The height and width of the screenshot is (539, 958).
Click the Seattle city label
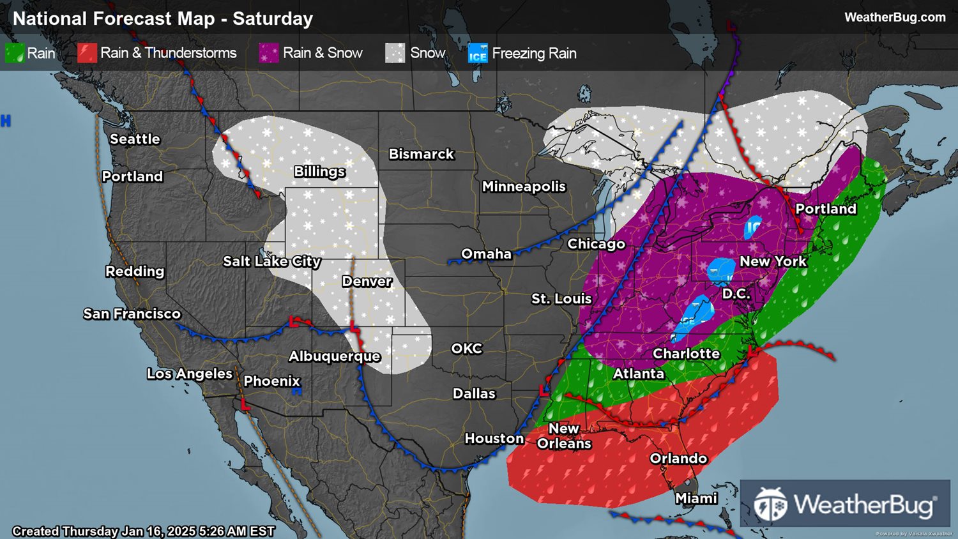(135, 139)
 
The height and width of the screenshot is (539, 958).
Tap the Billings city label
(319, 172)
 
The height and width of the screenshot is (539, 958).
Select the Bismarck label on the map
(421, 154)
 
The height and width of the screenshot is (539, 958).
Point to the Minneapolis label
(524, 186)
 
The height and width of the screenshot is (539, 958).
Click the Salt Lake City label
(271, 261)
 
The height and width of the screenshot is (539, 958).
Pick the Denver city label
(367, 282)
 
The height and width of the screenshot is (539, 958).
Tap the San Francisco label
(132, 314)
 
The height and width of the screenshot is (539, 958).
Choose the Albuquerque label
(334, 356)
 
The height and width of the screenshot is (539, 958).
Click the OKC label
(466, 349)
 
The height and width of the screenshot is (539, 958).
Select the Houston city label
(494, 439)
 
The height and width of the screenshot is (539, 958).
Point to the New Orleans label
(564, 436)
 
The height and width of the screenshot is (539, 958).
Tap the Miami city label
(696, 498)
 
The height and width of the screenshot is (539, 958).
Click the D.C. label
(736, 294)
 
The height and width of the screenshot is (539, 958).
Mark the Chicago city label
(596, 244)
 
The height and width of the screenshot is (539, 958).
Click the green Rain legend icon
(15, 53)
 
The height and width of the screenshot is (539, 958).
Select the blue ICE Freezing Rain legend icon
(478, 54)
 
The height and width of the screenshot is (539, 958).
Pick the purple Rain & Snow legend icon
(268, 53)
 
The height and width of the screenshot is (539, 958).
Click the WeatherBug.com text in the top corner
(895, 17)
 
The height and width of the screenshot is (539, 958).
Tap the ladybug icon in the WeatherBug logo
(770, 505)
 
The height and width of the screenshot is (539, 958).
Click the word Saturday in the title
(273, 19)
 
